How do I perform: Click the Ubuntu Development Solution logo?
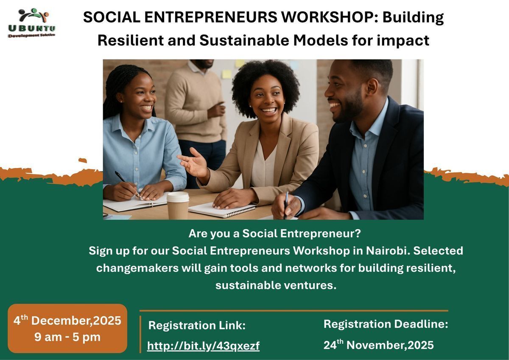click(x=32, y=23)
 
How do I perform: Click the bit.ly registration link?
click(x=203, y=346)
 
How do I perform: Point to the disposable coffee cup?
click(x=178, y=205)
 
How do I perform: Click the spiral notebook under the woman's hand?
click(x=222, y=210)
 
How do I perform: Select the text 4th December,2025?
click(x=67, y=321)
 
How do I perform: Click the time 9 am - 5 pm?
click(x=67, y=337)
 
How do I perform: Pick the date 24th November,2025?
click(x=378, y=345)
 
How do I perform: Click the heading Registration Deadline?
click(x=386, y=324)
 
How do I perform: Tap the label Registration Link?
click(x=197, y=325)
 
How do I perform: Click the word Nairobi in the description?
click(x=386, y=250)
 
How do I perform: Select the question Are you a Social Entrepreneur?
click(x=275, y=233)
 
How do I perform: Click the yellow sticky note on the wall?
click(x=227, y=74)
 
